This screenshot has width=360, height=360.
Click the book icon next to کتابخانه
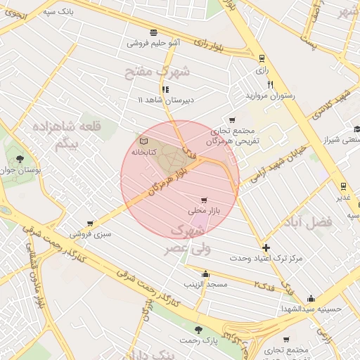coord(144,141)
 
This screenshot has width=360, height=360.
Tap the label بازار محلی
coord(204,210)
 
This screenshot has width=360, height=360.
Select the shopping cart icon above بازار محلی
coord(204,200)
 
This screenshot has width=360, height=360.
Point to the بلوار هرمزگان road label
coord(163,174)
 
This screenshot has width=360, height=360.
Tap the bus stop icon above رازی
coord(262,58)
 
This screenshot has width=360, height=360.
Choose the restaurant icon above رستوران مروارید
coord(269,84)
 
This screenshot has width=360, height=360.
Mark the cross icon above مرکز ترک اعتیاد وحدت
coord(265,247)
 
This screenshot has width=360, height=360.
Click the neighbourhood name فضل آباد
coord(307,221)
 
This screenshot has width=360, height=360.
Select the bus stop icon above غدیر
coord(342,186)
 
